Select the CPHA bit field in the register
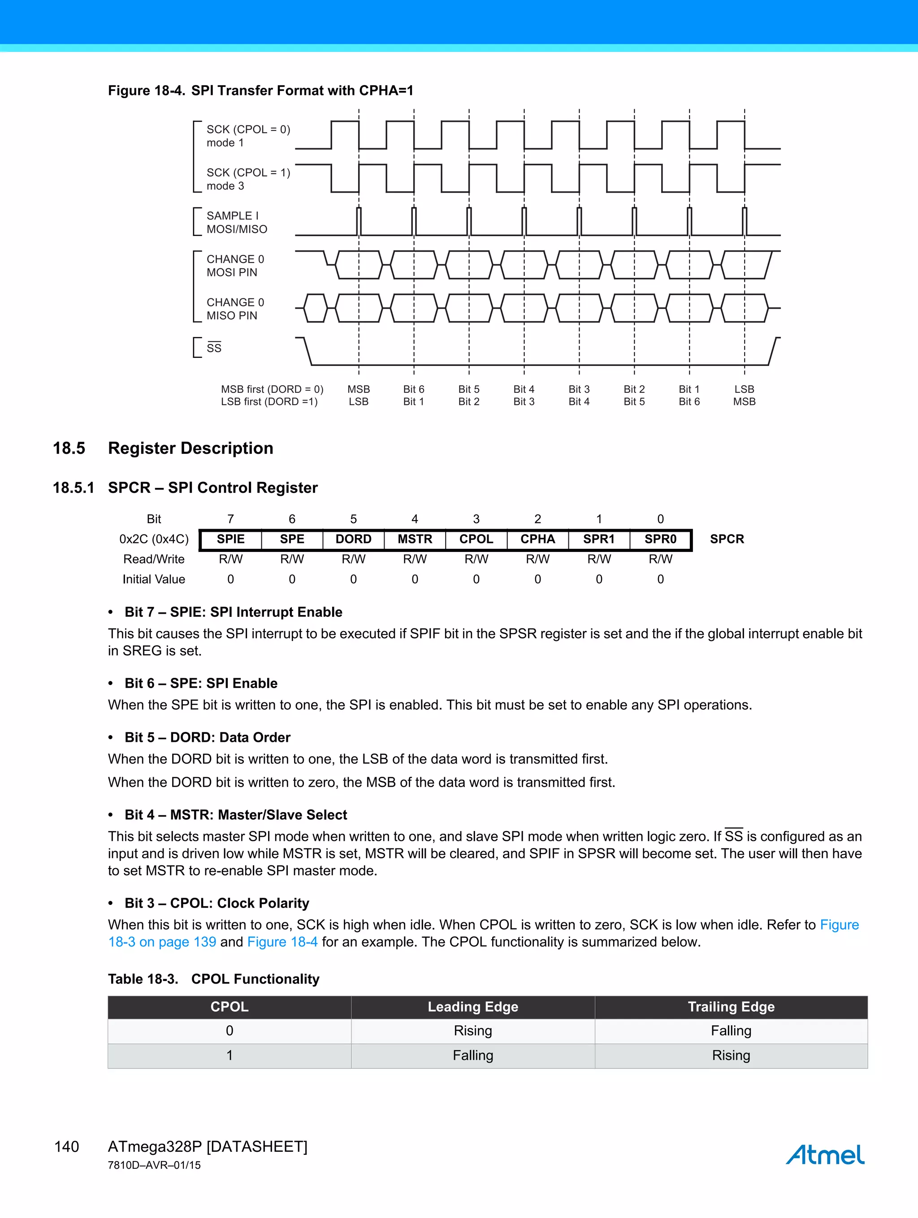537,539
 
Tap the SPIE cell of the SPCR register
230,539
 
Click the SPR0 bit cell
660,539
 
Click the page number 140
67,1146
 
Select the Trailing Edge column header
731,1007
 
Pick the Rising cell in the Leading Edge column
473,1031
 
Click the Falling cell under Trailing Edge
731,1031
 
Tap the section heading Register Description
190,448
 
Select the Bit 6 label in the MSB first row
413,389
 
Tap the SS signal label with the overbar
214,348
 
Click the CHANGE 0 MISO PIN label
235,309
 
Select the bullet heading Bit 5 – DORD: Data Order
207,737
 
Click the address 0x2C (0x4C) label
154,539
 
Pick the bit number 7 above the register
230,519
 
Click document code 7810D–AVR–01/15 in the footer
154,1165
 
